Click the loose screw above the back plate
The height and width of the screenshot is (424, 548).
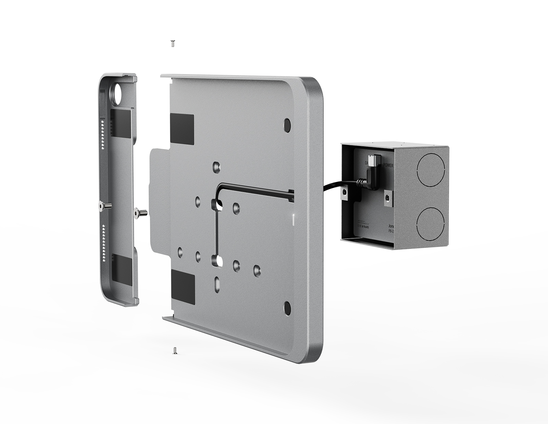click(x=173, y=43)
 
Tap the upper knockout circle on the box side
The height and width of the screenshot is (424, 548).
click(x=430, y=171)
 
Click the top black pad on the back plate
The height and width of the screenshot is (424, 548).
click(x=182, y=129)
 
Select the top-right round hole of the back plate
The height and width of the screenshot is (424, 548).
click(x=287, y=125)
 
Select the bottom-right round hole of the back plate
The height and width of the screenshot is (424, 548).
click(x=287, y=307)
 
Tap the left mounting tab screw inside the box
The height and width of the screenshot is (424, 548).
click(x=345, y=194)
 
